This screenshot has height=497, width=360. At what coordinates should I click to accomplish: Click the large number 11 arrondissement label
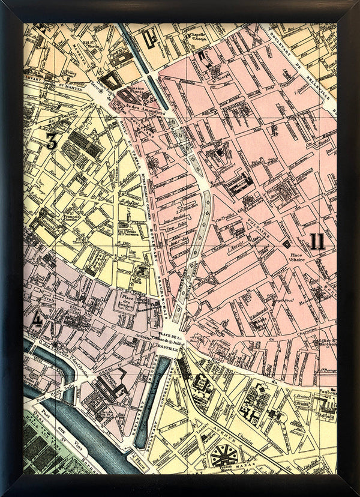(317, 242)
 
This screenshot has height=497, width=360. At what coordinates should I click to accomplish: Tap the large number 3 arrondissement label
(52, 141)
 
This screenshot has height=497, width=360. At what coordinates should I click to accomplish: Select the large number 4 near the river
(36, 319)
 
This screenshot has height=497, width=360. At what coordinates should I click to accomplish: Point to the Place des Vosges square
(128, 300)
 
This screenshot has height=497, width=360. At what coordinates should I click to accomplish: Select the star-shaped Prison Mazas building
(223, 456)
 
